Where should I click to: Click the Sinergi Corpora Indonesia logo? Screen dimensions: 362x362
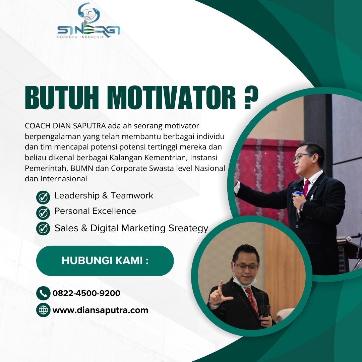(88, 21)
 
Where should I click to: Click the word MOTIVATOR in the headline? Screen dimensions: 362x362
(171, 98)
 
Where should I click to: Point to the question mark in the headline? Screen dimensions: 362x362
(251, 98)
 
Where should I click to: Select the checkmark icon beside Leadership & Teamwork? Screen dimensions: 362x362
(43, 198)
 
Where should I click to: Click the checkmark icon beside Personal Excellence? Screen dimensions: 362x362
(43, 213)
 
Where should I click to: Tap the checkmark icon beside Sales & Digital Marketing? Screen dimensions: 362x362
(43, 229)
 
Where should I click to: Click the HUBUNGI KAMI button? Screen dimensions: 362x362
(105, 261)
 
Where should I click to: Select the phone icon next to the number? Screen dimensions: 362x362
(43, 293)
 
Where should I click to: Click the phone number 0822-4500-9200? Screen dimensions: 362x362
(86, 293)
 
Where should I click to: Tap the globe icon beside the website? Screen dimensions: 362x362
(43, 310)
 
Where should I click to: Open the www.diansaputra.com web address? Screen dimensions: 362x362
(100, 310)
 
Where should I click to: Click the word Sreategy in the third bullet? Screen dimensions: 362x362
(188, 229)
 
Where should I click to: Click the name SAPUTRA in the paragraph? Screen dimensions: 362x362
(89, 126)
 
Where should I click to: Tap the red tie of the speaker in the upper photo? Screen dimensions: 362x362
(306, 187)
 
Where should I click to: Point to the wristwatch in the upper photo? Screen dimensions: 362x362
(302, 207)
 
